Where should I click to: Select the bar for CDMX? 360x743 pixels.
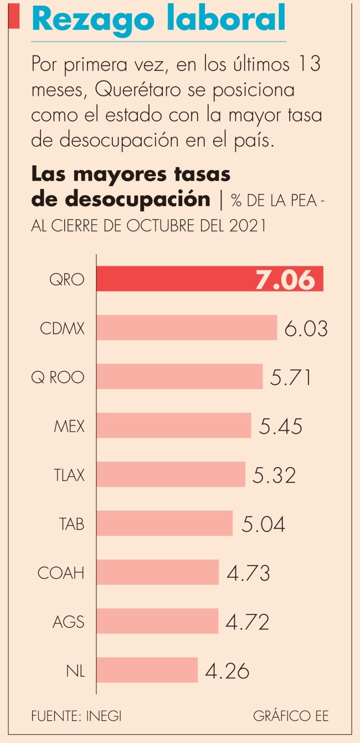[x=187, y=327]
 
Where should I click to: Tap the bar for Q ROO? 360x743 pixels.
[x=179, y=377]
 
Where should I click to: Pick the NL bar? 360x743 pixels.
[x=147, y=670]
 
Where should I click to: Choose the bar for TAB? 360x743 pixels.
[x=164, y=524]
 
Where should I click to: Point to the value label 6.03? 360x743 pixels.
[x=306, y=328]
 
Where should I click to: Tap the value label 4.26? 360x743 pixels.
[x=227, y=670]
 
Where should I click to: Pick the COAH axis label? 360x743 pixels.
[x=61, y=572]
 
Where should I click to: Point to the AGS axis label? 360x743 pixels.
[x=68, y=621]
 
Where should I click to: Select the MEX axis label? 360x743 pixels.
[x=69, y=426]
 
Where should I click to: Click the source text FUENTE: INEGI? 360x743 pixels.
[x=76, y=715]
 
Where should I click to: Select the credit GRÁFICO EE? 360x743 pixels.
[x=291, y=715]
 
